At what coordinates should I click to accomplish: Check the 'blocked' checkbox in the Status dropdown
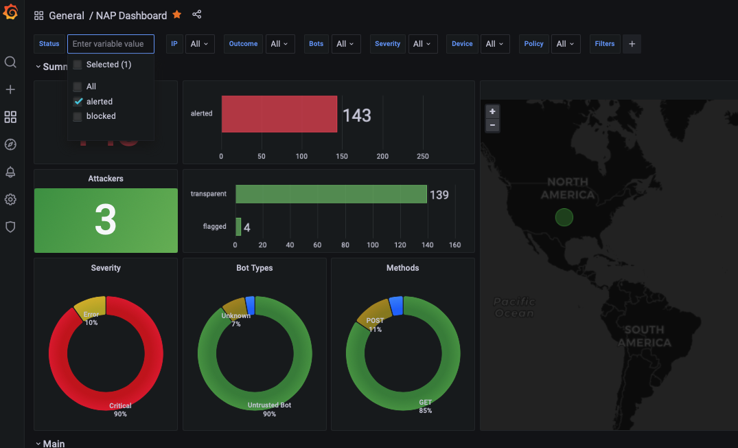78,116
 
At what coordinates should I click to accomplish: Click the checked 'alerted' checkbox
78,102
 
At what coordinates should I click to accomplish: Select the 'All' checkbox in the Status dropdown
78,87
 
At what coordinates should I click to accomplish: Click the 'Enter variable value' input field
111,44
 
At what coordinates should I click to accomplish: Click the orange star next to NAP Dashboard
177,14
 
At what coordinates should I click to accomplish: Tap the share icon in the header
197,14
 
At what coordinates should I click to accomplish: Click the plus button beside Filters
632,44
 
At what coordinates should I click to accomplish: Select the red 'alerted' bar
279,114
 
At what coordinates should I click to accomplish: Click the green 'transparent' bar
331,194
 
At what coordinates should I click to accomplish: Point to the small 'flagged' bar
238,227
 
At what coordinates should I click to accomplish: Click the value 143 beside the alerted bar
357,115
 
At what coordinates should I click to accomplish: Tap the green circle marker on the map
564,218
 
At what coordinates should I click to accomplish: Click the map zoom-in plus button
492,111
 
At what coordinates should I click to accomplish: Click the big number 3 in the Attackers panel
106,220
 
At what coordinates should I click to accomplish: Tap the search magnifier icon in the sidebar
10,62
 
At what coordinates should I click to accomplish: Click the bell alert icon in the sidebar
10,172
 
